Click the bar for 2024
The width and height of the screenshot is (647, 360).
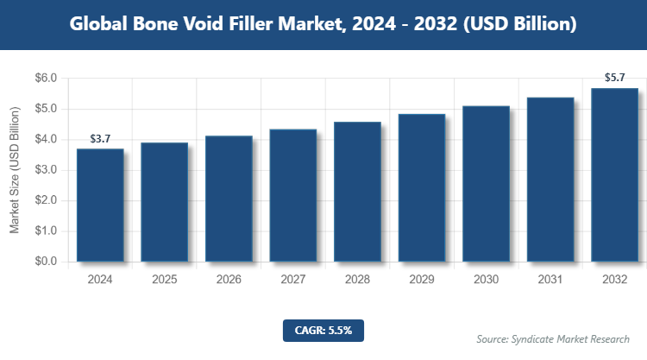click(x=100, y=205)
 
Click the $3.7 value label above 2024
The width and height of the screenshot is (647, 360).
click(x=100, y=139)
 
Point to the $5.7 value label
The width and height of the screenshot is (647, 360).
click(x=614, y=78)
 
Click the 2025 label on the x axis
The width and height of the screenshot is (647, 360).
click(x=164, y=280)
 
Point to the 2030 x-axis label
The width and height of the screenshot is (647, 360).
click(x=486, y=280)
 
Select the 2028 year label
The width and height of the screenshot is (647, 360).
click(x=357, y=280)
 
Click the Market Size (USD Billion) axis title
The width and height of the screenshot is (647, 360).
click(x=15, y=170)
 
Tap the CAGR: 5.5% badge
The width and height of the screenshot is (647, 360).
click(x=323, y=329)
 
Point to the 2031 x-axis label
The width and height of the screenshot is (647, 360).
click(x=550, y=280)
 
